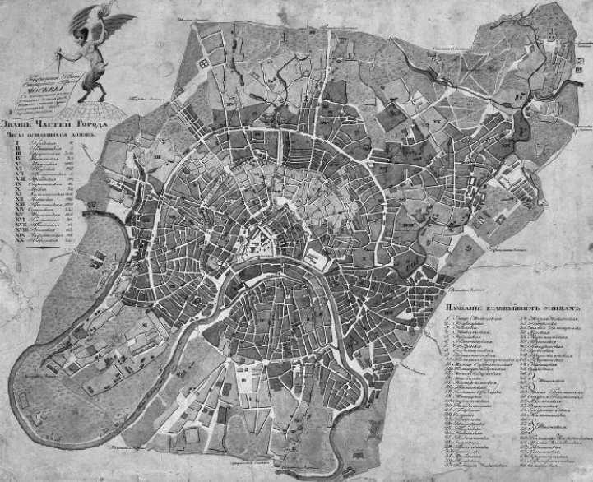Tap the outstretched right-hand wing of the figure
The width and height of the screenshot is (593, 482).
point(120,20)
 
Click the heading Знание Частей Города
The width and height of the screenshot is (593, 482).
point(55,123)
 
